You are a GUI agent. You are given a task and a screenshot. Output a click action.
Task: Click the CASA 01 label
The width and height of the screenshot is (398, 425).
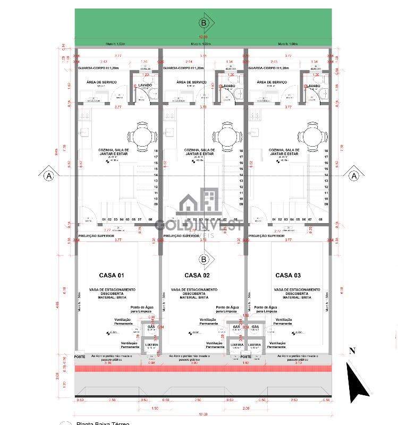pyautogui.click(x=112, y=275)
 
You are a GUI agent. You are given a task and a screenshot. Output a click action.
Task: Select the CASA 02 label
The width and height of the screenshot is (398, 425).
pyautogui.click(x=197, y=275)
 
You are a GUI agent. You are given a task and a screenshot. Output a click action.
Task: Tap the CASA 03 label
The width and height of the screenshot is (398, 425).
pyautogui.click(x=288, y=275)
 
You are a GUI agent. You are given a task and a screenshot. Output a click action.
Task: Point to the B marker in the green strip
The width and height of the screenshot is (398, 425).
pyautogui.click(x=204, y=22)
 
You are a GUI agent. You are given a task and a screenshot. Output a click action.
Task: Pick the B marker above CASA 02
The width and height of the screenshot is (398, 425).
pyautogui.click(x=204, y=259)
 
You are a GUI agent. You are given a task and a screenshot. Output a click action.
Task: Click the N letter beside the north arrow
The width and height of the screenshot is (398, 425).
pyautogui.click(x=352, y=351)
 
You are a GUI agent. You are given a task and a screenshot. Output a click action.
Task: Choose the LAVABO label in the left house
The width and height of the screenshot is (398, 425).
pyautogui.click(x=146, y=86)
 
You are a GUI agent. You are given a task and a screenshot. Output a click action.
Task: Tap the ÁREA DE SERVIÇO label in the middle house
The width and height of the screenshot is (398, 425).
pyautogui.click(x=191, y=82)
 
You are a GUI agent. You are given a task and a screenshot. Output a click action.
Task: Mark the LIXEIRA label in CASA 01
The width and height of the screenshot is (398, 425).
pyautogui.click(x=151, y=345)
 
